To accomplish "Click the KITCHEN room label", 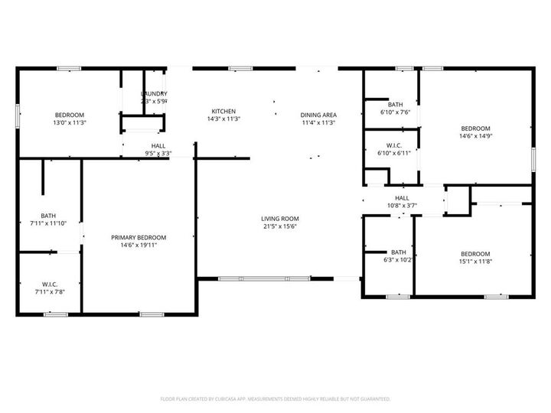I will [x=203, y=111].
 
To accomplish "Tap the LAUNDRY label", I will [x=154, y=93].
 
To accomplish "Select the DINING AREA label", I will [x=318, y=115].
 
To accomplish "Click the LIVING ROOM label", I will [x=279, y=218].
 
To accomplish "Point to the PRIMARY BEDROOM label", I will [x=139, y=237].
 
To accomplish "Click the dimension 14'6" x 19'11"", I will [x=139, y=246].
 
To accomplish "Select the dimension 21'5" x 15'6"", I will [x=279, y=226].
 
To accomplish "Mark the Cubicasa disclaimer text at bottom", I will [x=275, y=398].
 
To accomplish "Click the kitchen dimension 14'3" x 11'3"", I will [x=203, y=119].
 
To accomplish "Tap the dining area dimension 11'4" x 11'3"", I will [x=318, y=123].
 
